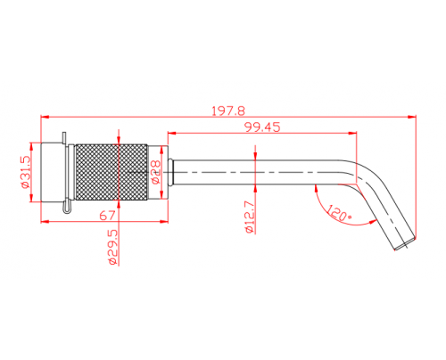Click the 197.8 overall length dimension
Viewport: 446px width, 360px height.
(228, 111)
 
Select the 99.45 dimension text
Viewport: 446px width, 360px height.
(262, 127)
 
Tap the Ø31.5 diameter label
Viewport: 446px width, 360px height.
(25, 172)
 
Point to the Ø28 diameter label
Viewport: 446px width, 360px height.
(155, 172)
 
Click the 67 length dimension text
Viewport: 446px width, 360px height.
(107, 216)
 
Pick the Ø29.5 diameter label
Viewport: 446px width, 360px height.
(113, 247)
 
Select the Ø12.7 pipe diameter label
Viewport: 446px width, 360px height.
(249, 217)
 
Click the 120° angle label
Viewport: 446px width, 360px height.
(339, 213)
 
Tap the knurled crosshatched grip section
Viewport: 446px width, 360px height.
(111, 172)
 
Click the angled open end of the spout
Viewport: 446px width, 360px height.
(405, 243)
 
